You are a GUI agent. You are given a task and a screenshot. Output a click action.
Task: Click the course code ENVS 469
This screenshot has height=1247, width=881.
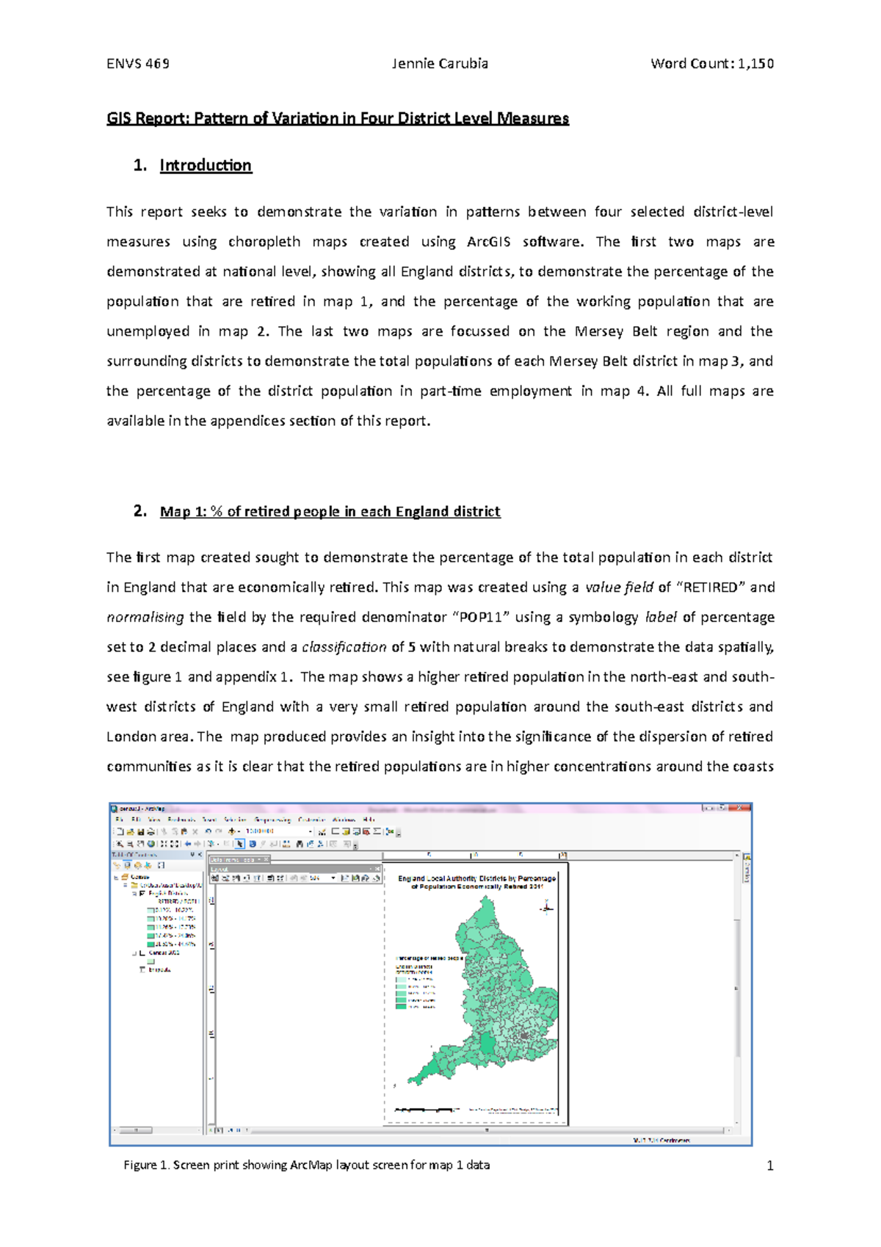click(138, 63)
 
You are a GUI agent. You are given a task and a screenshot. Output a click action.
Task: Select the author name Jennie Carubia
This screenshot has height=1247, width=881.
click(440, 63)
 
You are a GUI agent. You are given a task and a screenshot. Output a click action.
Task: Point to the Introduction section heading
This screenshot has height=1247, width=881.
click(206, 165)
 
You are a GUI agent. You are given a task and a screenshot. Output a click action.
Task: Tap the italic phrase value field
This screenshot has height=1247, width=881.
click(619, 587)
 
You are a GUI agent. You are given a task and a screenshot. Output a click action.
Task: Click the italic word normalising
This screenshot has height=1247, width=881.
click(145, 617)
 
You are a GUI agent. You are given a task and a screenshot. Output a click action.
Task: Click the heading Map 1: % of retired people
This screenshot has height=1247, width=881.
click(330, 511)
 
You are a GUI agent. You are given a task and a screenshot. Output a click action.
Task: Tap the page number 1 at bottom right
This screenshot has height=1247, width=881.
click(769, 1165)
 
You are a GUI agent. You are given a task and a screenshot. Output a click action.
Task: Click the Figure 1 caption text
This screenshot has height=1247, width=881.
click(306, 1165)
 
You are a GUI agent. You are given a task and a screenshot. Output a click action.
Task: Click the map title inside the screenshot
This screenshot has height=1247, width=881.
click(476, 882)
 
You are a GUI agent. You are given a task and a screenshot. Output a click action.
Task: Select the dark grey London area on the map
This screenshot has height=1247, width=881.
click(524, 1035)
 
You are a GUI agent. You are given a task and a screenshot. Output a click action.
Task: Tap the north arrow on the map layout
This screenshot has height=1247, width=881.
click(546, 908)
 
